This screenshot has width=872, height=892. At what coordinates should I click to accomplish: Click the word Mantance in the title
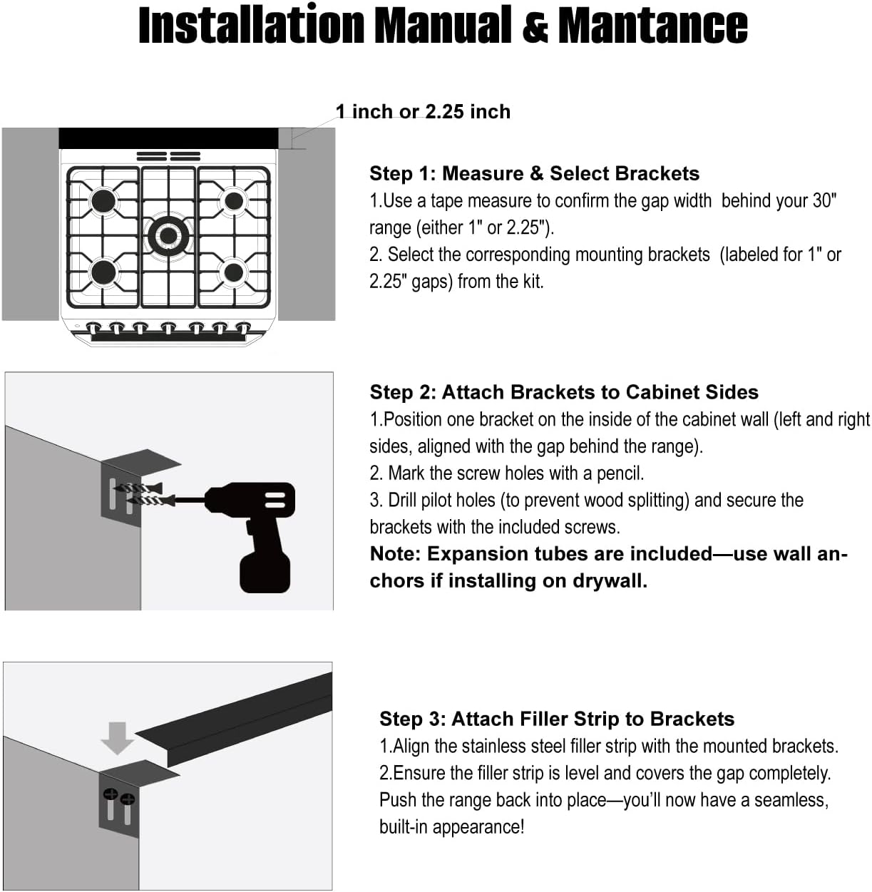(652, 26)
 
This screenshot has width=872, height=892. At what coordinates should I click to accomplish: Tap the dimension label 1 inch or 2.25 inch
(424, 112)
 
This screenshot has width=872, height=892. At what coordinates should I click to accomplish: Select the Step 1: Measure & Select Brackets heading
(534, 173)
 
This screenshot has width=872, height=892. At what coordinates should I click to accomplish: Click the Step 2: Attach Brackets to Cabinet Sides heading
(563, 392)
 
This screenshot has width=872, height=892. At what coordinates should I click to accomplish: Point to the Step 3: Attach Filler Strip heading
(556, 719)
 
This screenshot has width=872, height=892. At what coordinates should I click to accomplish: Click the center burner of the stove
(168, 235)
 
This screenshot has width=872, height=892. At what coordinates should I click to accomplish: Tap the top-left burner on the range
(103, 200)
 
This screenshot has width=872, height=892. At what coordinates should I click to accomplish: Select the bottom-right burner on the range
(234, 272)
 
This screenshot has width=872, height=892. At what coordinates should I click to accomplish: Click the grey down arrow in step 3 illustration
(118, 737)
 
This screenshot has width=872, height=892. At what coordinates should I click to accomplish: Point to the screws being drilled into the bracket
(139, 494)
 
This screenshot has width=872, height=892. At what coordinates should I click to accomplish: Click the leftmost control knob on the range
(93, 328)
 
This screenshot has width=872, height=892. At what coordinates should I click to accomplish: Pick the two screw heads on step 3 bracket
(118, 796)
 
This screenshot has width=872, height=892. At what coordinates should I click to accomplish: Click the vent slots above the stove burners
(168, 156)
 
